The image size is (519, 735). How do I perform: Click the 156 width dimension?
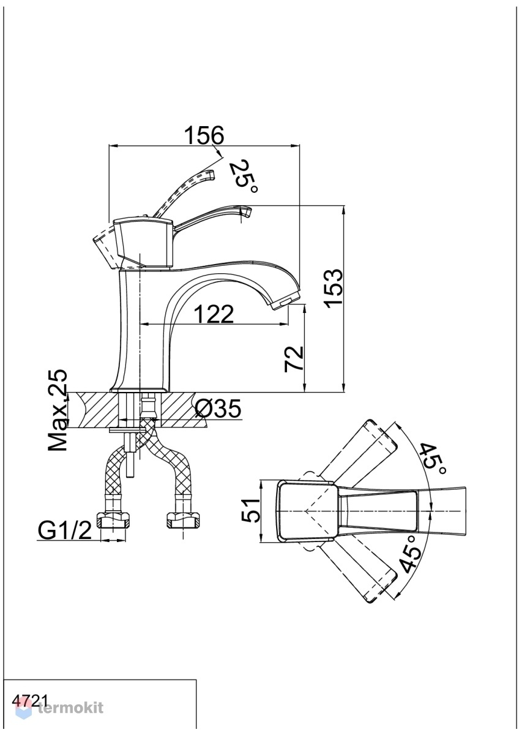pos(204,135)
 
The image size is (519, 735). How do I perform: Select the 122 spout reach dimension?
pos(214,314)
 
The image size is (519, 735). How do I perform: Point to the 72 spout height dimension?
pos(293,359)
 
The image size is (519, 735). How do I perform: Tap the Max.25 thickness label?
pos(58,411)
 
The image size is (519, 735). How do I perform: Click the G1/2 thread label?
pos(65,530)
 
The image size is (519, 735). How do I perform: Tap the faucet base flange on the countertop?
pos(140,390)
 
